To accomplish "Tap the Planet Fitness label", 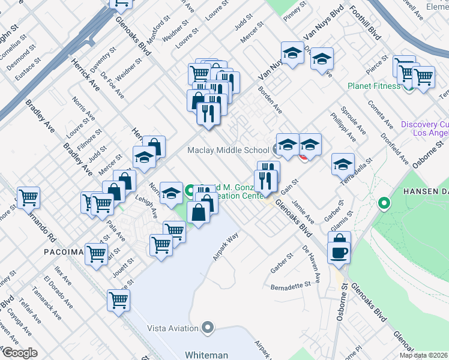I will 373,86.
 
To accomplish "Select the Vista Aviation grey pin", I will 208,328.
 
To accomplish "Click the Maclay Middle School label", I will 228,150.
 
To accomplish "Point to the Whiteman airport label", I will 207,355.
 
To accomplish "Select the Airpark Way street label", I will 226,246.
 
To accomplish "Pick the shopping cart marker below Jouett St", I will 118,299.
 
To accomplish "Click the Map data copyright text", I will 423,355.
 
